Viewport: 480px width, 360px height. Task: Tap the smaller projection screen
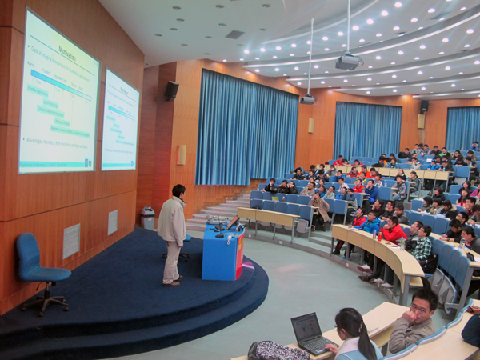coord(120,120)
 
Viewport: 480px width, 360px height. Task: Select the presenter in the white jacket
coord(172,232)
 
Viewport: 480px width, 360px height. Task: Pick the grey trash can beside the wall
coord(148,218)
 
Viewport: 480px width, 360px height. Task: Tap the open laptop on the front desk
coord(308,332)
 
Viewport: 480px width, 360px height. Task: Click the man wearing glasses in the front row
coord(414,320)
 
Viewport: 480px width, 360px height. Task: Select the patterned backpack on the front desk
coord(276,351)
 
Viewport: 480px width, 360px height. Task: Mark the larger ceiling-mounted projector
coord(348,62)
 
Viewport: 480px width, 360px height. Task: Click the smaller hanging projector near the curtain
coord(308,99)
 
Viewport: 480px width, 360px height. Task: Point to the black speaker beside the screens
coord(171,90)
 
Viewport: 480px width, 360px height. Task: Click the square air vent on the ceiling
coord(235,34)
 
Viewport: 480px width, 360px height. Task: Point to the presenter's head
coord(178,192)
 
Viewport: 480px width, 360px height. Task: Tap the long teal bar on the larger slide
coord(60,83)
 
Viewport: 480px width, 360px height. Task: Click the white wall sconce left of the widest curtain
coord(182,154)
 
